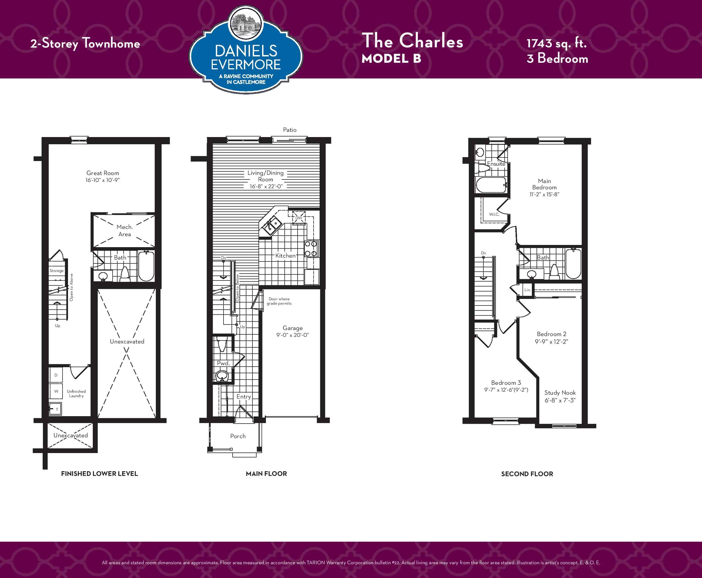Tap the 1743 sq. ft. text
coord(556,43)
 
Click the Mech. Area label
coord(124,230)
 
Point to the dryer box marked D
coord(56,375)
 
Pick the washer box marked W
coord(56,391)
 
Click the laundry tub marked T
coord(55,409)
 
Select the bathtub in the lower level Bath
coord(146,266)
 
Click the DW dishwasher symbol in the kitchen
coord(299,218)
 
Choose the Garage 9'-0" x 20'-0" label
coord(293,331)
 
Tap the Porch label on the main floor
coord(238,436)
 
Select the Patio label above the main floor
coord(290,130)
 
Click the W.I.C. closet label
coord(494,214)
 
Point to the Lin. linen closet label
coord(527,290)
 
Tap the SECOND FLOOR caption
coord(527,474)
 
